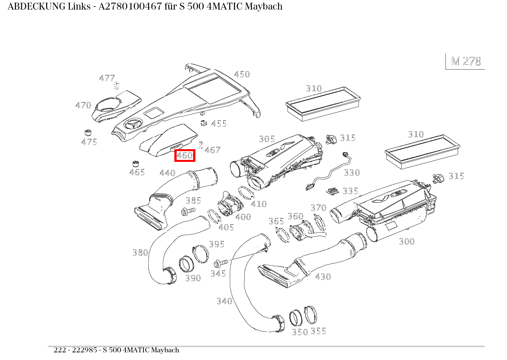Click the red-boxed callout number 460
tap(185, 156)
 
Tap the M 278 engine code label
tap(466, 62)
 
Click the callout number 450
tap(242, 74)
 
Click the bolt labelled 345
tap(221, 263)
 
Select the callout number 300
tap(406, 241)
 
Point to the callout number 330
tap(351, 173)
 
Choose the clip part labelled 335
tap(333, 191)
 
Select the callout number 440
tap(167, 173)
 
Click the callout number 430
tap(323, 277)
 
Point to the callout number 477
tap(107, 78)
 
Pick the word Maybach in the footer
tap(165, 350)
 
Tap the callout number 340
tap(224, 301)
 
